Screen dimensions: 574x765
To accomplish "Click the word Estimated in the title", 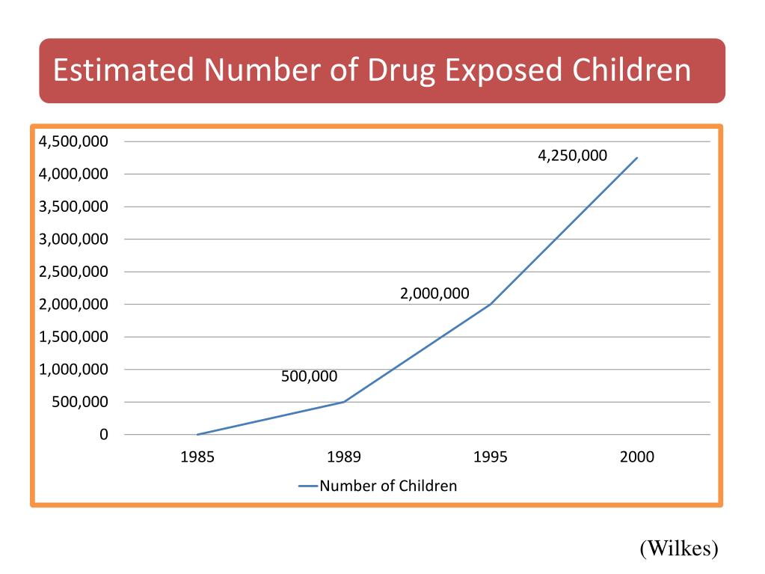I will tap(125, 71).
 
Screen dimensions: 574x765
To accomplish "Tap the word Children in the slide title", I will tap(631, 71).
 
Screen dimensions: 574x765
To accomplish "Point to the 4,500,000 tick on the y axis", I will tap(74, 141).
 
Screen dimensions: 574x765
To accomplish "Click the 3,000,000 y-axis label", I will tap(74, 239).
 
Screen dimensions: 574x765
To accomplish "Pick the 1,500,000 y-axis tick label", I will tap(74, 337).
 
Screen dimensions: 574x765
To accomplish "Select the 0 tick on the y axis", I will tap(103, 435).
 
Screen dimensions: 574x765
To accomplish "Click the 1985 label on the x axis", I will tap(197, 457).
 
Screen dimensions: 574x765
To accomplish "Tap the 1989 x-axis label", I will tap(344, 457).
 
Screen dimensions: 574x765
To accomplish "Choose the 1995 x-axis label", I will tap(490, 457).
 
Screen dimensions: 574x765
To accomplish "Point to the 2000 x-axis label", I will tap(636, 457).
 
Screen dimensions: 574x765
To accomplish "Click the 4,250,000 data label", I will tap(573, 156).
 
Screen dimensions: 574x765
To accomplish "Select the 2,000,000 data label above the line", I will tap(434, 294).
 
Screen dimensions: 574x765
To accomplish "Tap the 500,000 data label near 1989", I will tap(309, 376).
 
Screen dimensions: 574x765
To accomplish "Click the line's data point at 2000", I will tap(637, 158).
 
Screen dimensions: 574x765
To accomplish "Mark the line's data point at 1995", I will tap(491, 304).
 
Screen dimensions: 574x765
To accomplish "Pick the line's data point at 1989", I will tap(344, 402).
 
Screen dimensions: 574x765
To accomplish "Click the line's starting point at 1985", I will tap(197, 434).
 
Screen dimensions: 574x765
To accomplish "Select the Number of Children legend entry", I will tap(387, 486).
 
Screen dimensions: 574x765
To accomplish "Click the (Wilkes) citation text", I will tap(678, 549).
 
